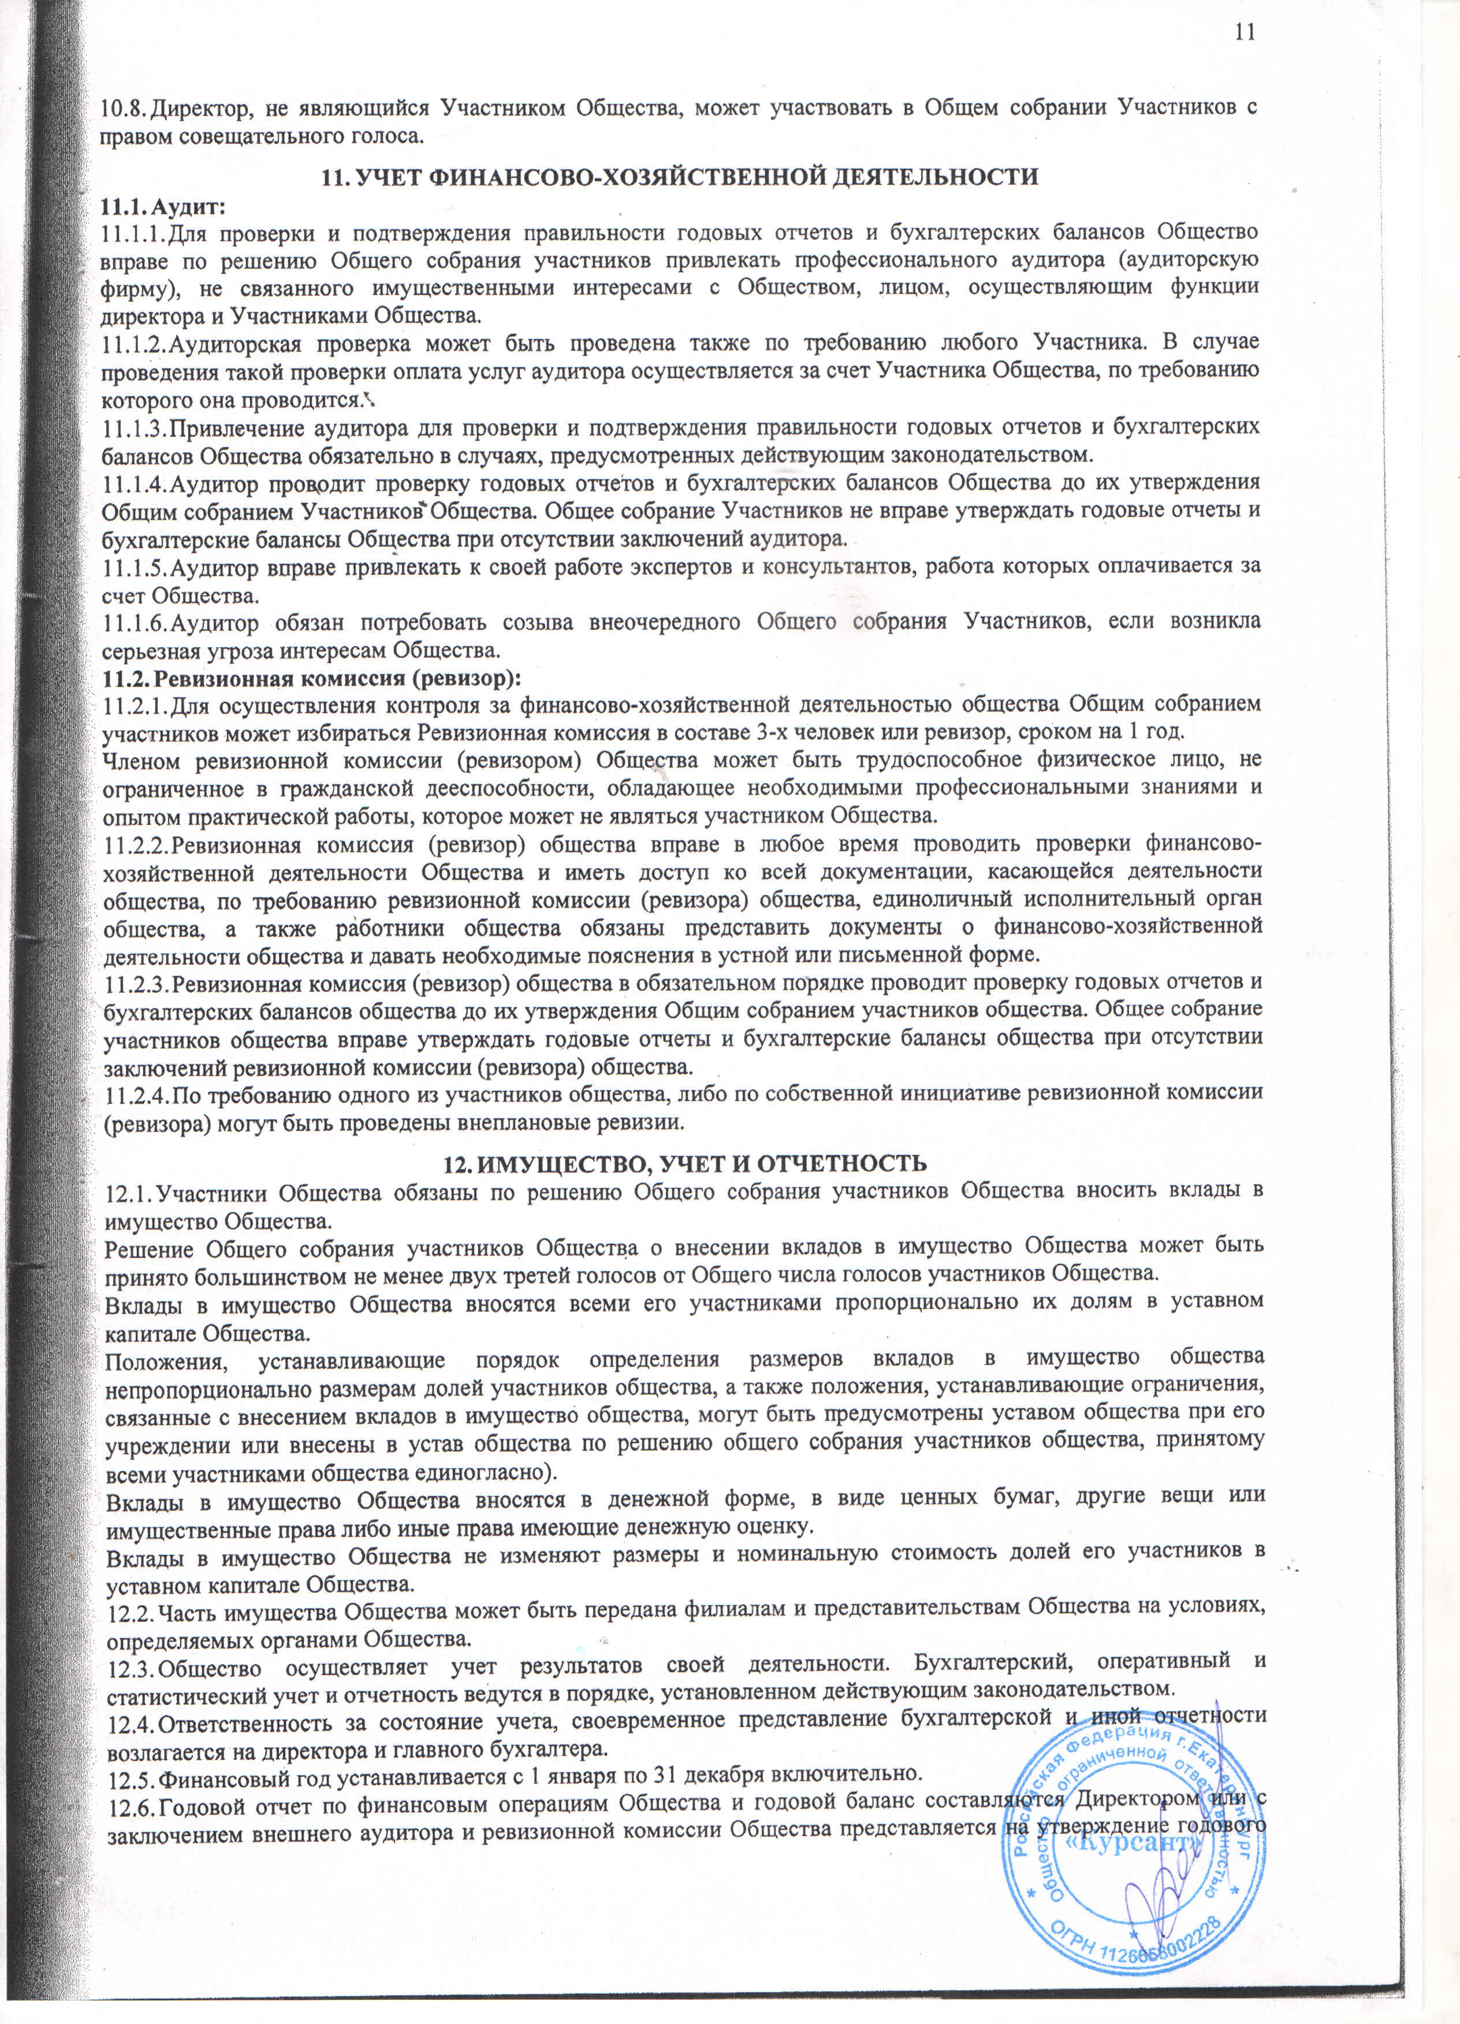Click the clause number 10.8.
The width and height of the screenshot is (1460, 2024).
coord(124,109)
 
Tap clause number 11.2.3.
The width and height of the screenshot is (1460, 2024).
coord(135,984)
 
